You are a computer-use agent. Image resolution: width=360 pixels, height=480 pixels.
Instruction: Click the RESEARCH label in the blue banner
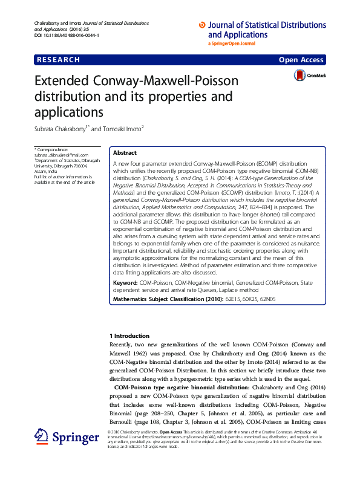click(58, 60)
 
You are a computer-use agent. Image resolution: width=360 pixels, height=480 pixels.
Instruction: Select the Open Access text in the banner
click(301, 60)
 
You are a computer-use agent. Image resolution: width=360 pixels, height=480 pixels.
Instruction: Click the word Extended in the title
click(62, 82)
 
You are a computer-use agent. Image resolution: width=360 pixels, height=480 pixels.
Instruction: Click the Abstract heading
click(125, 154)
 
